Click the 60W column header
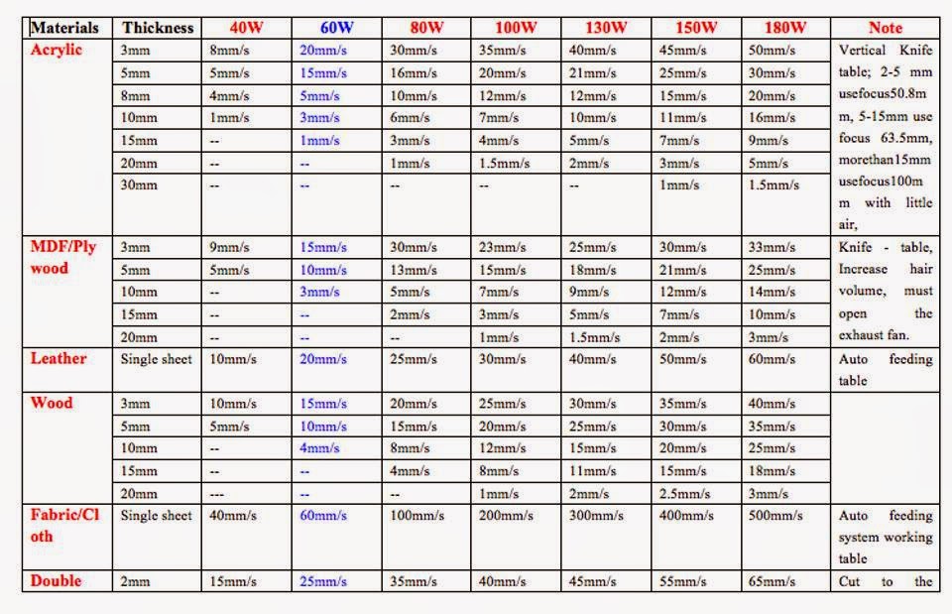(336, 28)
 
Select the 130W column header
(606, 28)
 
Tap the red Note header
(886, 28)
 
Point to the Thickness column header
(158, 28)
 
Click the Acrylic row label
(57, 50)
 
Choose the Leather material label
(59, 358)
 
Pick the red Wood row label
(52, 403)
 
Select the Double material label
(57, 580)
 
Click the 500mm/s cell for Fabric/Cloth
(774, 516)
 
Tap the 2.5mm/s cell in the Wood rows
(681, 493)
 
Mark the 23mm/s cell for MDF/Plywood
(501, 247)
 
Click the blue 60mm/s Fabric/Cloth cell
(323, 516)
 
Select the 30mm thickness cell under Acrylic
(139, 185)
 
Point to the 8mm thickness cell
(136, 95)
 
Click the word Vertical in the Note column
(863, 51)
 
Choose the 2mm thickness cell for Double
(136, 581)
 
